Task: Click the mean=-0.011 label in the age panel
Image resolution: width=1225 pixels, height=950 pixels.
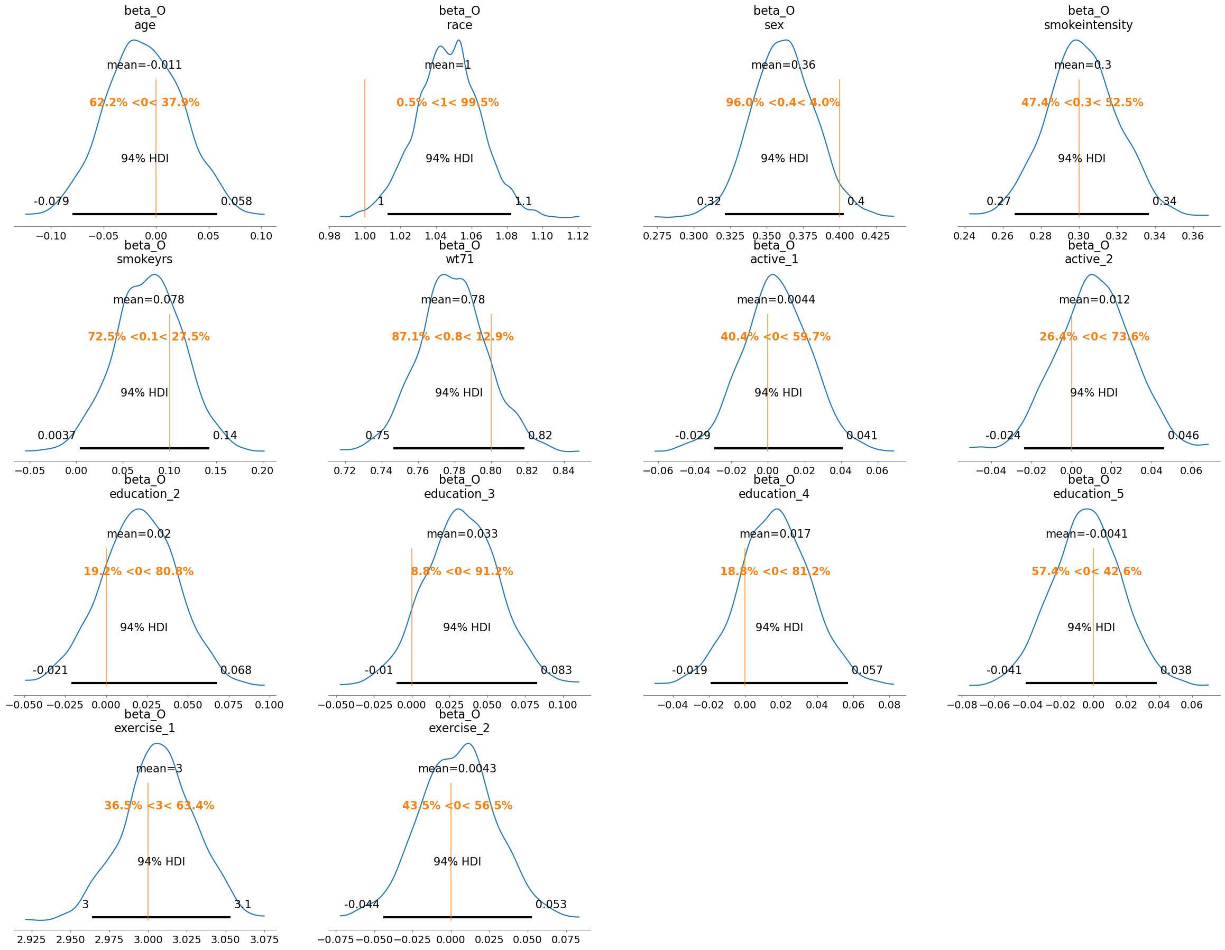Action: (144, 65)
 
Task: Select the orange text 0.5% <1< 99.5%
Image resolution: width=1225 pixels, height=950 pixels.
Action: (448, 103)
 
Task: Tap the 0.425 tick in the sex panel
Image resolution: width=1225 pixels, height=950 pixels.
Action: (876, 236)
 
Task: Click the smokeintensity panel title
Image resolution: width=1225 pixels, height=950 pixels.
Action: (1088, 18)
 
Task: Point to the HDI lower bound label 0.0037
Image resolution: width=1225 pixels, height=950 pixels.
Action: (56, 436)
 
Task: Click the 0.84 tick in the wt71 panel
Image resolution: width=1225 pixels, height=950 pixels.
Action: (564, 471)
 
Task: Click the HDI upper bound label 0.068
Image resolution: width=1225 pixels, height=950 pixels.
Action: (236, 670)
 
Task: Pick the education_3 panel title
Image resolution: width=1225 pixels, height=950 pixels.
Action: (459, 487)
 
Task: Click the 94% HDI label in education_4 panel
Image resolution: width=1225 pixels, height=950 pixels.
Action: (779, 628)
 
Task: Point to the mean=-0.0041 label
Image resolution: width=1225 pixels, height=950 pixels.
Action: (1086, 534)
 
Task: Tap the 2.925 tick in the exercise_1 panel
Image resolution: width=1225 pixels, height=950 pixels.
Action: (31, 939)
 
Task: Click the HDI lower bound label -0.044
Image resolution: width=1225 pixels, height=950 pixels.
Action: (362, 905)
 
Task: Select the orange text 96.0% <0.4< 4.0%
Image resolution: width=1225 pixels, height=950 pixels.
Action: (783, 103)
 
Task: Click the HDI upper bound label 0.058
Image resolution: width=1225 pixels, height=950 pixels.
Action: (236, 201)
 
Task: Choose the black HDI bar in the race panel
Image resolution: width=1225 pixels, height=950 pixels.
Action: (449, 214)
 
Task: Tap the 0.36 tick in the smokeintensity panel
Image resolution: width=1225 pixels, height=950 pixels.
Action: (1192, 236)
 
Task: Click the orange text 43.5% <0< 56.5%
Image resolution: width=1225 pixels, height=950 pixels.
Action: (457, 806)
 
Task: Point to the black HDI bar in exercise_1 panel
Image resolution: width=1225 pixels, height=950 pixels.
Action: (161, 917)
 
